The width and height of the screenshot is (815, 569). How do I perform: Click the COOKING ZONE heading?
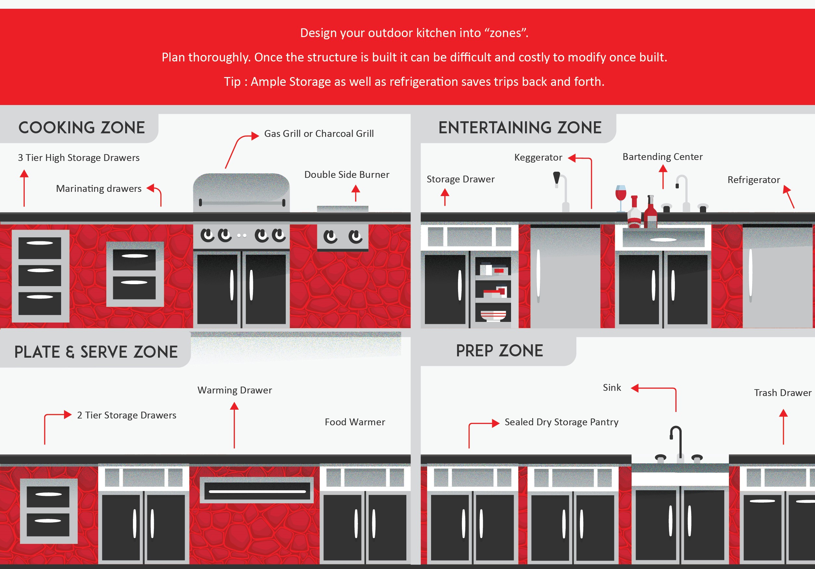[82, 128]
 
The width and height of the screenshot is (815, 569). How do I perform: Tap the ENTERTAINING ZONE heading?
[520, 128]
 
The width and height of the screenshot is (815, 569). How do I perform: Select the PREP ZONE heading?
[499, 351]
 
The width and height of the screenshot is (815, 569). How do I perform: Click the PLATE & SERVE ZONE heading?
[96, 352]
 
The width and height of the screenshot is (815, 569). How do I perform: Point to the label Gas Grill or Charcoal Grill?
[319, 134]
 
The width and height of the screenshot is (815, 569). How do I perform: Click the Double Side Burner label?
[347, 175]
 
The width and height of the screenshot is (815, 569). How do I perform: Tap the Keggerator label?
[538, 158]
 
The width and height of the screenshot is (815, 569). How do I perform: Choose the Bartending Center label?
[662, 157]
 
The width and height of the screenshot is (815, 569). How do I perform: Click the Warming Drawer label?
[235, 390]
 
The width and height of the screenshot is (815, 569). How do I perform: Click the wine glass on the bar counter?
[621, 196]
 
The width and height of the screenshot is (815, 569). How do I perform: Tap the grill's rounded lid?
[241, 188]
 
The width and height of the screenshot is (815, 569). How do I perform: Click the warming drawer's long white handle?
[257, 492]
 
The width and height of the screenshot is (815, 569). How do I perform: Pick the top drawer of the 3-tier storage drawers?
[40, 247]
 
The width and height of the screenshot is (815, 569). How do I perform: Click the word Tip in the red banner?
[232, 82]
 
